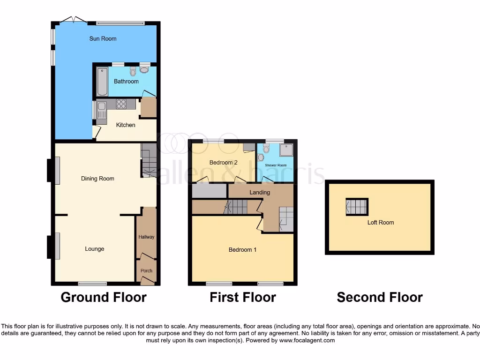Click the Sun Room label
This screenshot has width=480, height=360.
coord(103,38)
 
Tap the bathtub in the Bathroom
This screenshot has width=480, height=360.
coord(102,81)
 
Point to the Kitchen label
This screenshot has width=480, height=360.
coord(126,125)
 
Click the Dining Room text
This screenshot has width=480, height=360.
coord(97,179)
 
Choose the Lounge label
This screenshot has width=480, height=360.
coord(95,249)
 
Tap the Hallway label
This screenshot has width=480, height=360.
coord(146,237)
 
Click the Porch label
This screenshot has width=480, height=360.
coord(146,271)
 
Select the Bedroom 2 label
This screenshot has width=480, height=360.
coord(224,163)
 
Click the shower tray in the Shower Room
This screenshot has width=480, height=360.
coord(285,150)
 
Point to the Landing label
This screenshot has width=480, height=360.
coord(260,192)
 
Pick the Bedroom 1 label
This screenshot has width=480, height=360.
coord(242,250)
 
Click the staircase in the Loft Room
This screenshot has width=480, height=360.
coord(357,207)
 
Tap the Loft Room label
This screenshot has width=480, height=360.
coord(381,223)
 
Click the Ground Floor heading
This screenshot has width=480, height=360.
coord(104,297)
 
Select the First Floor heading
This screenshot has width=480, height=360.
coord(242,297)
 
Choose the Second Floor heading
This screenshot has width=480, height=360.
coord(380,297)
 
